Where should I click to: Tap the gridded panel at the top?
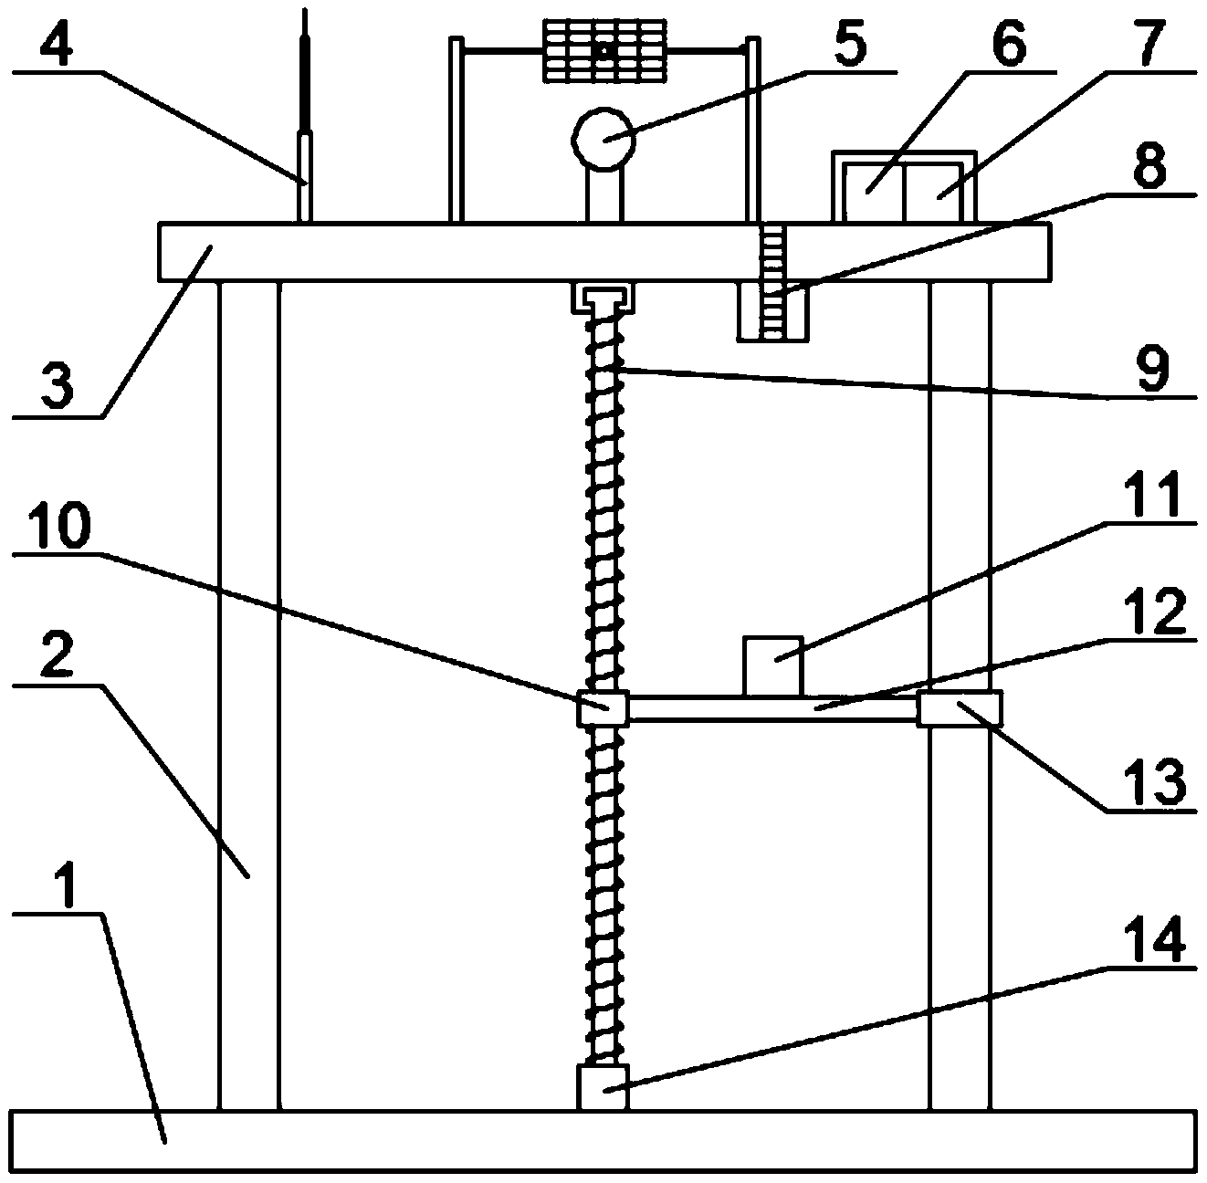tap(603, 53)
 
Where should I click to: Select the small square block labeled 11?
tap(773, 665)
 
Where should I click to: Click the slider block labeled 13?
tap(959, 708)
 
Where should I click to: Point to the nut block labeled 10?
tap(603, 708)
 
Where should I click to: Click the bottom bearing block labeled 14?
tap(603, 1087)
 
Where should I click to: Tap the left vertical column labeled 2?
tap(248, 694)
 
